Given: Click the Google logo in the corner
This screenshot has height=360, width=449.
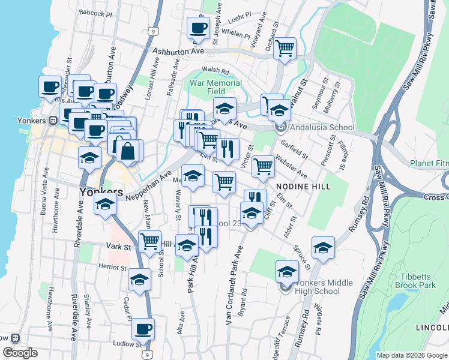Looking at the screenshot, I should (20, 352).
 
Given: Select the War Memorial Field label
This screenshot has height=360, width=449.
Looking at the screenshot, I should (216, 87).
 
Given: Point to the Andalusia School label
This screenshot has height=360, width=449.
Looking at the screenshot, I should (322, 127).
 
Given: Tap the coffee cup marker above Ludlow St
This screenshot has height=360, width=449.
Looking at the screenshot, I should (143, 329).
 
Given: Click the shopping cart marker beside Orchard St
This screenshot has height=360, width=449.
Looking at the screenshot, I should (285, 49).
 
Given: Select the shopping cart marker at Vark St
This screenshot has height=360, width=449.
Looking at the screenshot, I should (150, 242).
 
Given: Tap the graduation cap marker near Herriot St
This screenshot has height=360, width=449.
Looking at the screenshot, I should (139, 280).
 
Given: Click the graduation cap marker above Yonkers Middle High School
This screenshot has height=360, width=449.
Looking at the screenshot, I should (287, 271).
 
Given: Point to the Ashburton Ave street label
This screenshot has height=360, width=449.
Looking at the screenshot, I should (178, 52).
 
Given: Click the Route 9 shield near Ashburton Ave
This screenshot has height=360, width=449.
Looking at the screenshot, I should (154, 31).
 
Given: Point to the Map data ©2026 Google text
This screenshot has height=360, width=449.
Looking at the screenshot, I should (412, 355).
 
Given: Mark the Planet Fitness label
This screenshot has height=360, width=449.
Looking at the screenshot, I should (429, 163).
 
